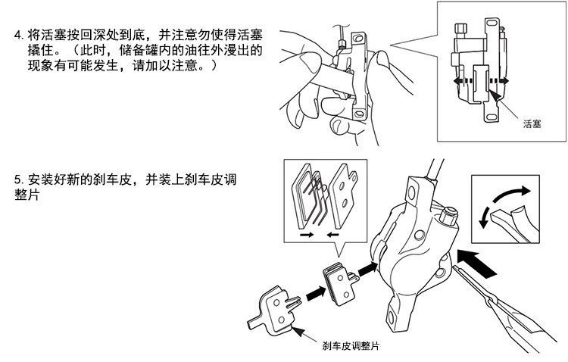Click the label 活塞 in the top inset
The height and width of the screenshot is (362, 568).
532,123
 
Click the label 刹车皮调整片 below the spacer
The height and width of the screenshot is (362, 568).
350,347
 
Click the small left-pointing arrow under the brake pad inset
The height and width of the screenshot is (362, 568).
332,236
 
